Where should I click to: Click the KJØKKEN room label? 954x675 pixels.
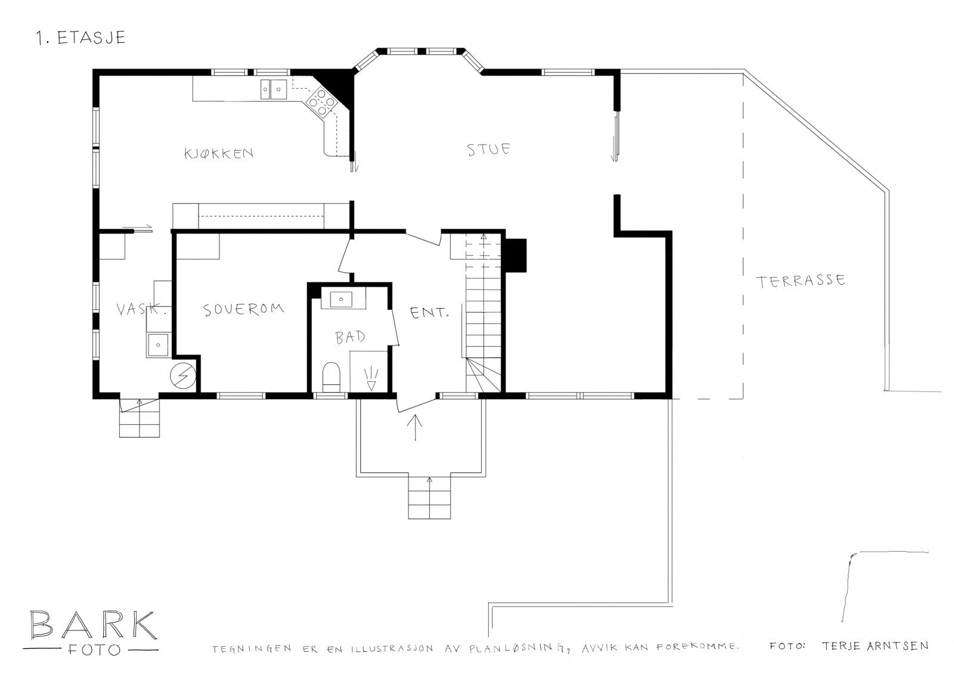(219, 153)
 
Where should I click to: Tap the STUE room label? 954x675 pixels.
(488, 150)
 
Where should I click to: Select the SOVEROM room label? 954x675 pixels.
(243, 309)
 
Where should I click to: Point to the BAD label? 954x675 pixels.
(350, 337)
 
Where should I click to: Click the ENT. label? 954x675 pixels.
(429, 313)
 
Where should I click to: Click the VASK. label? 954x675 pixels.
(141, 309)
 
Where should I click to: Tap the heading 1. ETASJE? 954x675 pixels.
(81, 38)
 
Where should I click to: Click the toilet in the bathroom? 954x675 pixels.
(332, 377)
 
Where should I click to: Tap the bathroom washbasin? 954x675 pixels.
(342, 299)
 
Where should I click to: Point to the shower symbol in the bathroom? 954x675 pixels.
(371, 379)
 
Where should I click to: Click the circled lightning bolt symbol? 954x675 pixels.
(182, 377)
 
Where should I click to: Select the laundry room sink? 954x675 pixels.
(157, 345)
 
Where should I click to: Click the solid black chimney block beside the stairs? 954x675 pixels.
(516, 256)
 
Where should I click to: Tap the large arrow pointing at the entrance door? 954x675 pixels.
(415, 427)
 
